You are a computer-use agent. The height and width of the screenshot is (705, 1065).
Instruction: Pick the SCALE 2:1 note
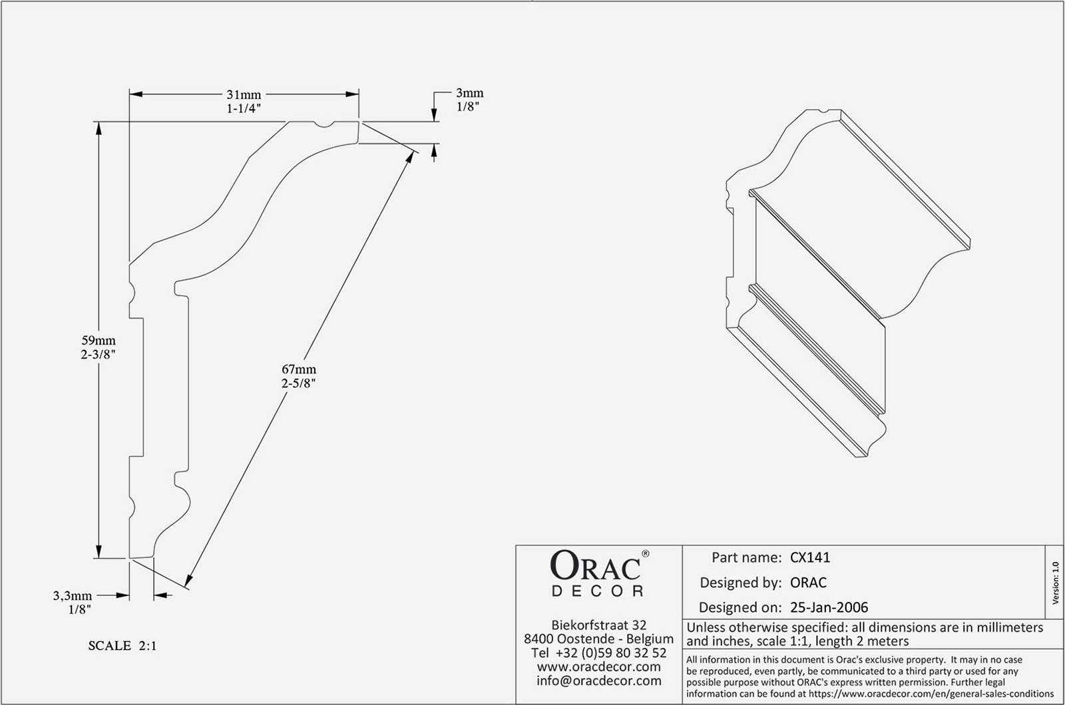coord(122,646)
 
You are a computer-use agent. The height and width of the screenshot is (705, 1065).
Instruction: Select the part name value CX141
coord(810,557)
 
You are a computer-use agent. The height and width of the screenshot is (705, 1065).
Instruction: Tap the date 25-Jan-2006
coord(829,607)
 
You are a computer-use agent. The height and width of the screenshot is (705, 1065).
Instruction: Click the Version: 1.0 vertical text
coord(1056,583)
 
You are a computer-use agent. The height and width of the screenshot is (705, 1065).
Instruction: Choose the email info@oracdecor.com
coord(599,681)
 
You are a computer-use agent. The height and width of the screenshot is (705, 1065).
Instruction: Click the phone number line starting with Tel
coord(599,652)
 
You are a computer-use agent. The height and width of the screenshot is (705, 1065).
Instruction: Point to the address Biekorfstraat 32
coord(599,625)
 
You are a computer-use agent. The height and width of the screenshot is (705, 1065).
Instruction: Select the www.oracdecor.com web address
coord(599,666)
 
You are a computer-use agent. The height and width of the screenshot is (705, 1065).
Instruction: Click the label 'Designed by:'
coord(741,583)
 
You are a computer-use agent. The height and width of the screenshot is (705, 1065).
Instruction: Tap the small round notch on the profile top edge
coord(324,124)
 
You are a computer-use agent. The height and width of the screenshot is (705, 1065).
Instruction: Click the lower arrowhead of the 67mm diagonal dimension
coord(188,581)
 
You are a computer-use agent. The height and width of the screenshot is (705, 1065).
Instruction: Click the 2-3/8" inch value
coord(99,354)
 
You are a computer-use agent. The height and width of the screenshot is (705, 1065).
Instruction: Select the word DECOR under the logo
coord(598,591)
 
